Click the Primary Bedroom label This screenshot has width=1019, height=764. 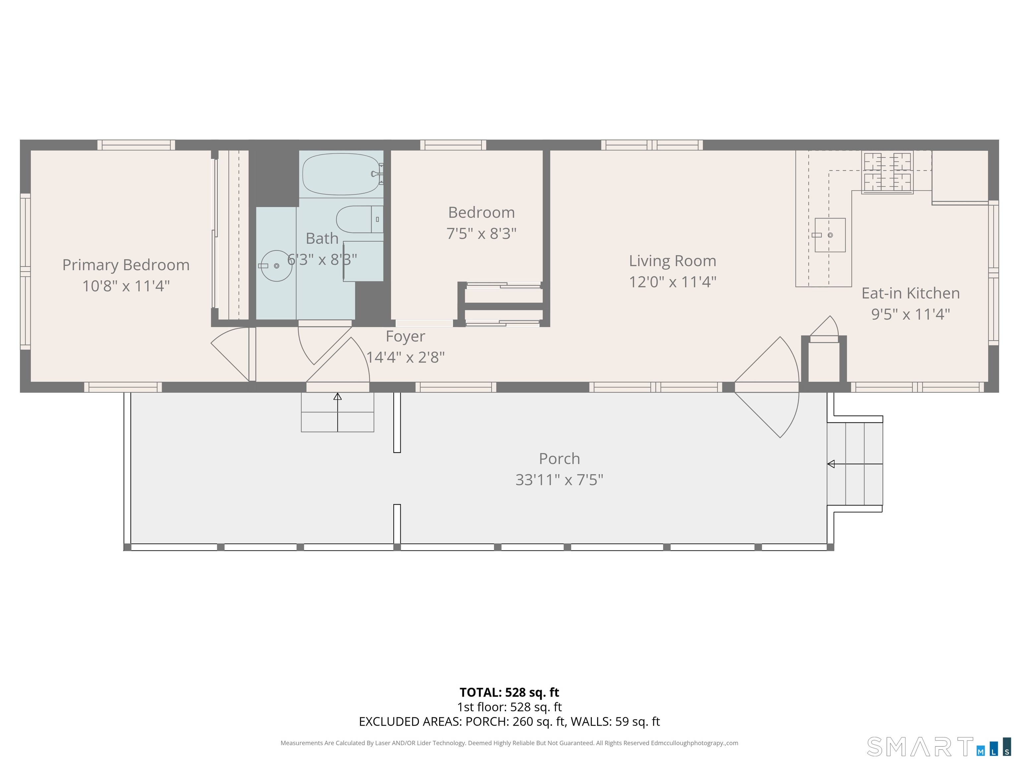126,265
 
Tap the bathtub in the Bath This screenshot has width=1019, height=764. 341,174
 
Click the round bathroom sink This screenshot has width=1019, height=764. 276,266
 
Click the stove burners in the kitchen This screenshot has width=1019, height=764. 887,172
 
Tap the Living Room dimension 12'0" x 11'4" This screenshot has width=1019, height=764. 673,282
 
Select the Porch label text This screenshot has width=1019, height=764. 559,459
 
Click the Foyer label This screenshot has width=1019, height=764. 405,336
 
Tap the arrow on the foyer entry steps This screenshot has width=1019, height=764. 338,397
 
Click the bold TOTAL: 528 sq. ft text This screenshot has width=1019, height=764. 509,692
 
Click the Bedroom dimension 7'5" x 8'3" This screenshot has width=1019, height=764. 481,233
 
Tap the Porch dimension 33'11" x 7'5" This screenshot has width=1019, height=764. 559,480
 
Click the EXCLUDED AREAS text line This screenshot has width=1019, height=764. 509,721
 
